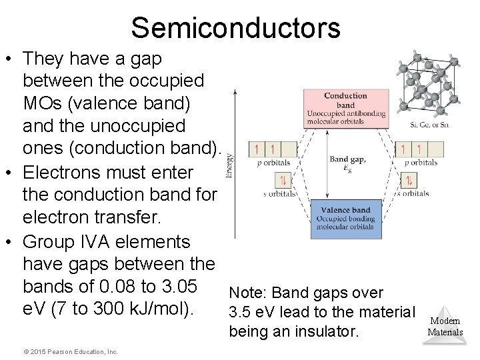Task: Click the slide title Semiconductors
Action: (x=235, y=28)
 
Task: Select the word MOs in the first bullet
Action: (x=44, y=105)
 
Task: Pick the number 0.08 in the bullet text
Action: (x=110, y=287)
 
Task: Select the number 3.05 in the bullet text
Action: (x=174, y=287)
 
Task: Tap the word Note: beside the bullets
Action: (x=249, y=293)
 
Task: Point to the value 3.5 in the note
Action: (x=240, y=311)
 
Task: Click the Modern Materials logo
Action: (x=445, y=326)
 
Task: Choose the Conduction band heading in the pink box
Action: (x=345, y=100)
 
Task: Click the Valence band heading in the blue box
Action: (x=345, y=210)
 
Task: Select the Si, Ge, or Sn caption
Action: (x=429, y=124)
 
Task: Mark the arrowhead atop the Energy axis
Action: (x=234, y=93)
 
